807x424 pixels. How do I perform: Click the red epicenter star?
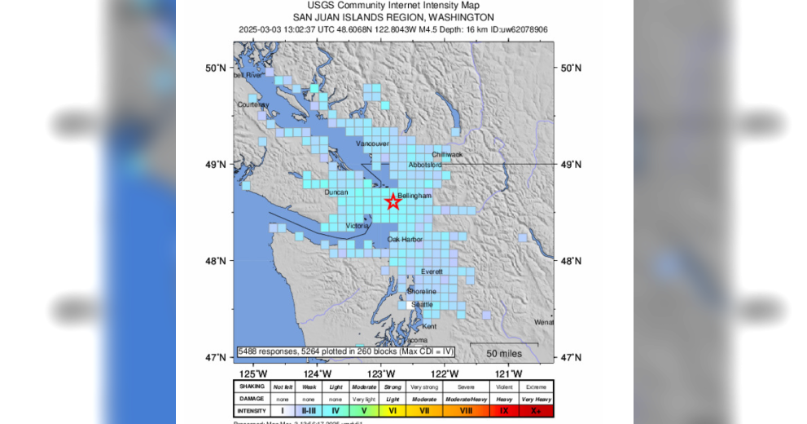[x=393, y=201]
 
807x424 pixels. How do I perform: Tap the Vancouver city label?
[x=373, y=144]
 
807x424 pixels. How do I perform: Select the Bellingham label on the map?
[x=414, y=196]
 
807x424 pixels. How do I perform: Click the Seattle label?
[x=422, y=304]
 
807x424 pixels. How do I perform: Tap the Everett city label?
[x=432, y=272]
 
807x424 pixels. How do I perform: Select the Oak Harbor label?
[x=405, y=240]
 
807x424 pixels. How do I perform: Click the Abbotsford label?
[x=425, y=165]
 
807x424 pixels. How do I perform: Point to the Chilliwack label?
[x=447, y=154]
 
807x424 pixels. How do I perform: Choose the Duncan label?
[x=336, y=192]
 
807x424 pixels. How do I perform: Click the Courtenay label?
[x=253, y=105]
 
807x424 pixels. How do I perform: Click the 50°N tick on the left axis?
[x=216, y=68]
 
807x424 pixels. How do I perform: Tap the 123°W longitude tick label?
[x=376, y=373]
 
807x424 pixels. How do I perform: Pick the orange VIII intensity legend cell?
[x=465, y=411]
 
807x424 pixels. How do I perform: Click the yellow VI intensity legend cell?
[x=393, y=411]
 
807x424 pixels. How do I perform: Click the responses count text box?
[x=345, y=351]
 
